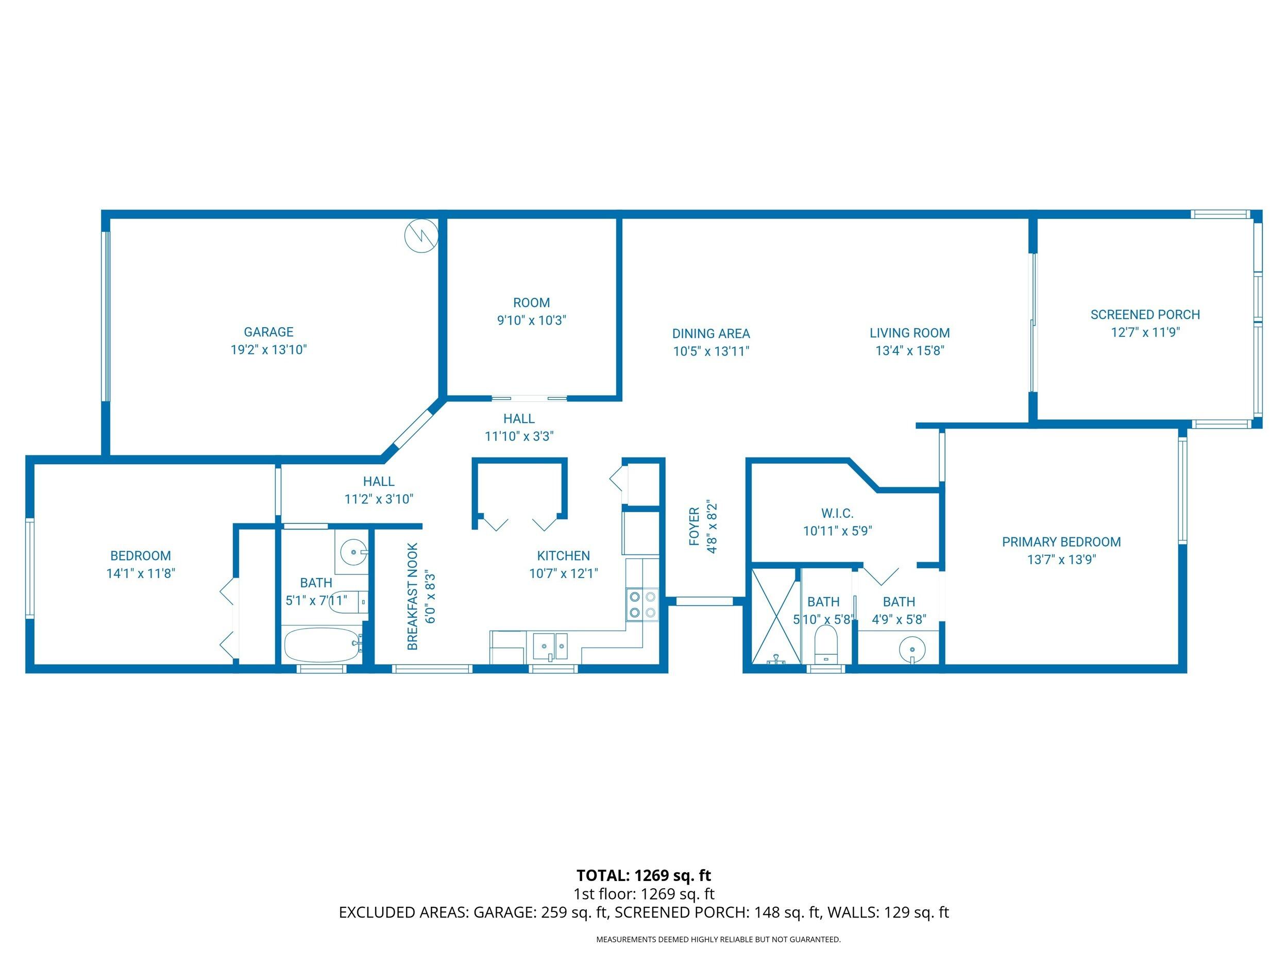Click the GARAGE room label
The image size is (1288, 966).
tap(268, 332)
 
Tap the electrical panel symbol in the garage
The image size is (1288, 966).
tap(421, 236)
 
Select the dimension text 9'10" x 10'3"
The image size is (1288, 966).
tap(531, 320)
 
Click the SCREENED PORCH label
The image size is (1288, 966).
tap(1145, 314)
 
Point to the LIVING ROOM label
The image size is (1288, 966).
tap(909, 333)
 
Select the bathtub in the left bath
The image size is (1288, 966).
tap(322, 645)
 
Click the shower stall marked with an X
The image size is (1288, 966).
tap(775, 616)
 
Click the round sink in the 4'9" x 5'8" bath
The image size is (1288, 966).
tap(912, 648)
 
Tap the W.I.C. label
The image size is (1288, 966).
tap(837, 514)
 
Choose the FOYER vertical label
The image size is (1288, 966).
tap(694, 527)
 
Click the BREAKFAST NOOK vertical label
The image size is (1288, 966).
tap(412, 597)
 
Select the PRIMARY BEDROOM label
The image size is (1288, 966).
tap(1061, 542)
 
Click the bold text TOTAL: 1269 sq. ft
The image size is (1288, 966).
tap(643, 876)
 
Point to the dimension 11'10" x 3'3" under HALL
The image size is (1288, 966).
tap(519, 436)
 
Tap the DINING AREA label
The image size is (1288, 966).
tap(711, 334)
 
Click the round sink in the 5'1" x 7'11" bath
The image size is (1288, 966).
tap(353, 551)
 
